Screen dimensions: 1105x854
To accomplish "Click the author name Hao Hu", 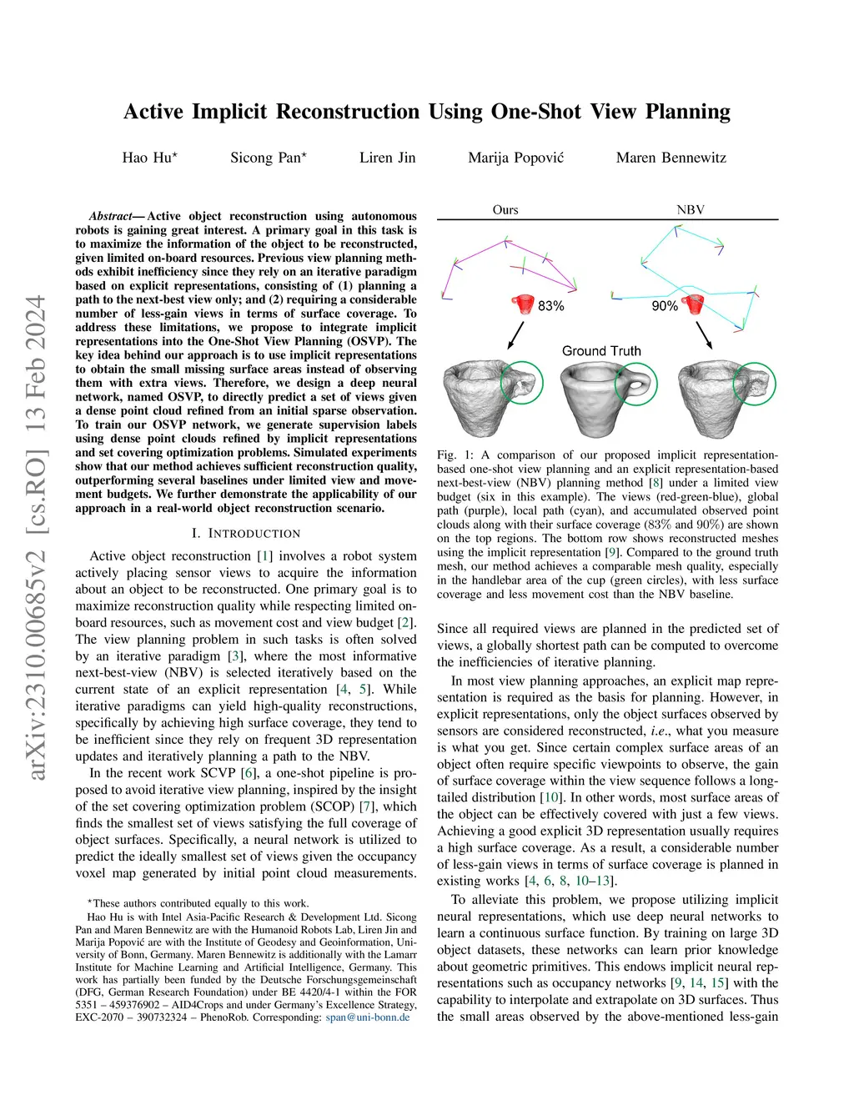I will (x=147, y=158).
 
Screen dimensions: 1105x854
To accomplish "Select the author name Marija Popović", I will (x=515, y=158).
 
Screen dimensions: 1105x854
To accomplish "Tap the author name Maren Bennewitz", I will (x=671, y=158).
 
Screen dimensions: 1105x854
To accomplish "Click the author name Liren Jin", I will (x=387, y=158).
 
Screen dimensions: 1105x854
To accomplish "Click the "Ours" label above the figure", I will (x=505, y=209).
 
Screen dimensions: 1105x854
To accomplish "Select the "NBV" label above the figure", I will (x=691, y=209).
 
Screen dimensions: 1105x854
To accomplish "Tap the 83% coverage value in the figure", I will (x=551, y=306).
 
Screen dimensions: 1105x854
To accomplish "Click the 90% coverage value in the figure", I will (x=664, y=306).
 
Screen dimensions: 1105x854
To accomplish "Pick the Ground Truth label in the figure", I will (x=601, y=351).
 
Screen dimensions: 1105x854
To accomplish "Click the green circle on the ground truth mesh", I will (x=635, y=384).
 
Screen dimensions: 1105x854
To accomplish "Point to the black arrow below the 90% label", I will (x=704, y=334).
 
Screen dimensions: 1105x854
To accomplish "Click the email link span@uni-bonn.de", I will (x=368, y=1017).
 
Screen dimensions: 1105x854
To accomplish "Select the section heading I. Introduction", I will (x=246, y=533).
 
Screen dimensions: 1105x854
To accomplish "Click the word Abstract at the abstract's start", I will (x=111, y=216).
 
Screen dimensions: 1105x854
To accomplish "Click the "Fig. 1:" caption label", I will (x=455, y=455).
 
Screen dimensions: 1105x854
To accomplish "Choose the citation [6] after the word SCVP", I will (x=248, y=773).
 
